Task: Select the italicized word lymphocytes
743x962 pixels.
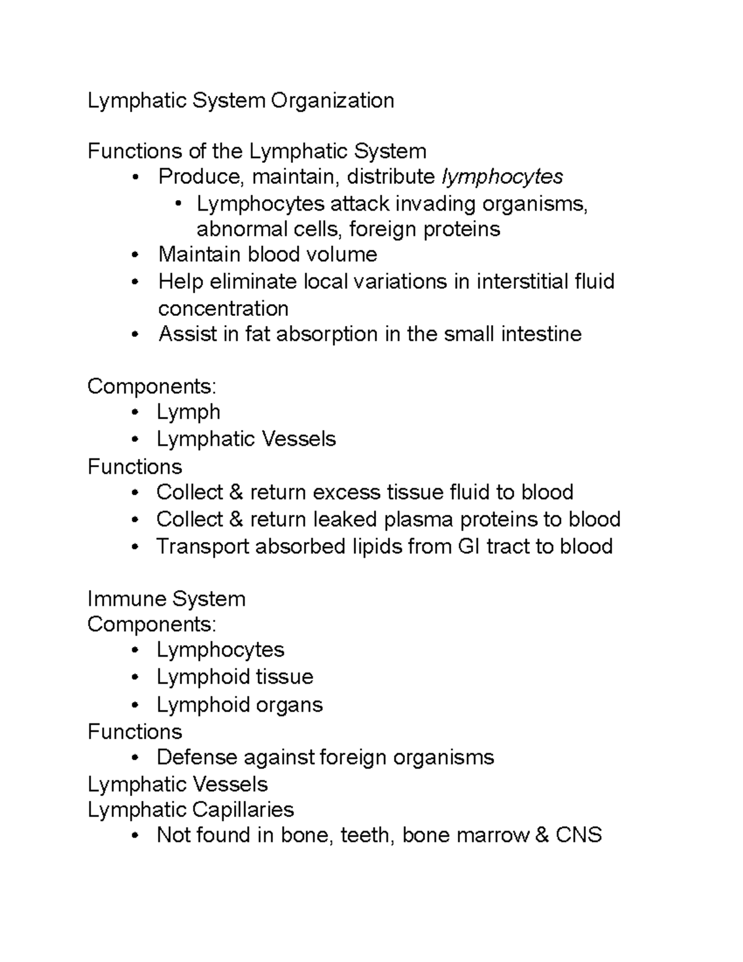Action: coord(502,177)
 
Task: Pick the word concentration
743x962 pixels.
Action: coord(223,308)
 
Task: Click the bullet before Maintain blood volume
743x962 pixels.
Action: coord(136,255)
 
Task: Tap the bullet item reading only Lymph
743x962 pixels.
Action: coord(188,412)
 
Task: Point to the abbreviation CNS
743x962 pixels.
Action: coord(578,835)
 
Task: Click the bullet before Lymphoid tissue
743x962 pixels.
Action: coord(136,678)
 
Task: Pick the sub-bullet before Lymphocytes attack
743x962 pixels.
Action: coord(179,204)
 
